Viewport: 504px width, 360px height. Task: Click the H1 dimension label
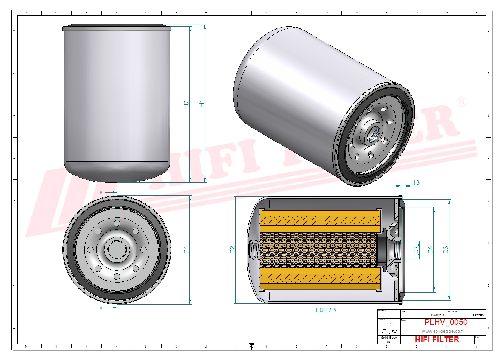(202, 104)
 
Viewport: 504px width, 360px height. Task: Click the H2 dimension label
(186, 104)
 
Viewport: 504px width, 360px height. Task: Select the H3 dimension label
(415, 182)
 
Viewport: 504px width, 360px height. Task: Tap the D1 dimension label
(186, 250)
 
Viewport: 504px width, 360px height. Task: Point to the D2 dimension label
(232, 250)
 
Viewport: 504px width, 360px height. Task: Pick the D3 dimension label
(445, 250)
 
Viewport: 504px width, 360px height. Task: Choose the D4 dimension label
(430, 250)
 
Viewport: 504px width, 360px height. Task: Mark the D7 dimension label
(416, 250)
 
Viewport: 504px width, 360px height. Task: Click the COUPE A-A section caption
(326, 310)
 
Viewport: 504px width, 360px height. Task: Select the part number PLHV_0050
(445, 322)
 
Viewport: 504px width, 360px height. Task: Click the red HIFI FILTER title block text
(437, 339)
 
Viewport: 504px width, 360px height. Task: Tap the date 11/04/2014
(437, 316)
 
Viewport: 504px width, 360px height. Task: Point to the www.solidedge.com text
(442, 331)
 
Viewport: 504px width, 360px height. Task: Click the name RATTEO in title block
(478, 316)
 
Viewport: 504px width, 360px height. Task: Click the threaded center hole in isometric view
(374, 133)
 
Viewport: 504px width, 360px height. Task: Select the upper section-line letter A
(101, 192)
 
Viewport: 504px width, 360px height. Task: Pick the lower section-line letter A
(101, 308)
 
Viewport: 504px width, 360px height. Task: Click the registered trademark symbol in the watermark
(461, 102)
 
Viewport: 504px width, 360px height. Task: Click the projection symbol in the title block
(389, 331)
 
